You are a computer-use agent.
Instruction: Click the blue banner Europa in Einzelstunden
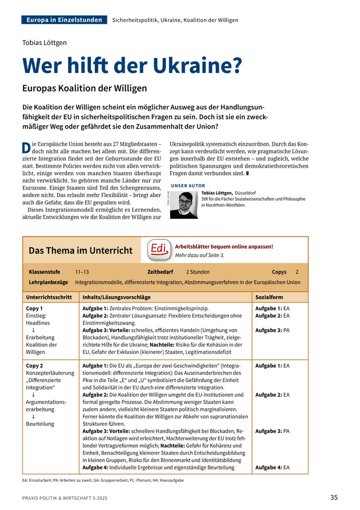(64, 20)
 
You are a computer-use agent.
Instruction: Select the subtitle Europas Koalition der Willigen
(84, 88)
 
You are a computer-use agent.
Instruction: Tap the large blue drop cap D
(26, 148)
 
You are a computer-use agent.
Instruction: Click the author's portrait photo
(183, 205)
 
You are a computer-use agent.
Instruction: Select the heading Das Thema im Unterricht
(80, 250)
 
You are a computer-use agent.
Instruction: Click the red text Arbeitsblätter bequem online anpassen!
(224, 246)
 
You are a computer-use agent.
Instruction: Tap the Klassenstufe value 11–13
(82, 272)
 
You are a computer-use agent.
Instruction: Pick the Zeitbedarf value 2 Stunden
(197, 272)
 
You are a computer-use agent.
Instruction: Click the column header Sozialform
(270, 297)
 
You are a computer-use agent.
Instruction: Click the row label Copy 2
(34, 366)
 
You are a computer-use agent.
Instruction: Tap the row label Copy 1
(34, 308)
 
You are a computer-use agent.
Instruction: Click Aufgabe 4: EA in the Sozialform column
(272, 467)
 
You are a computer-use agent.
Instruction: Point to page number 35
(334, 497)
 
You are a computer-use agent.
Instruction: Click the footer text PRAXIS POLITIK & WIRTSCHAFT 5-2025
(64, 498)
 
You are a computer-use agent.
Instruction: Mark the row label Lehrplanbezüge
(48, 282)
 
